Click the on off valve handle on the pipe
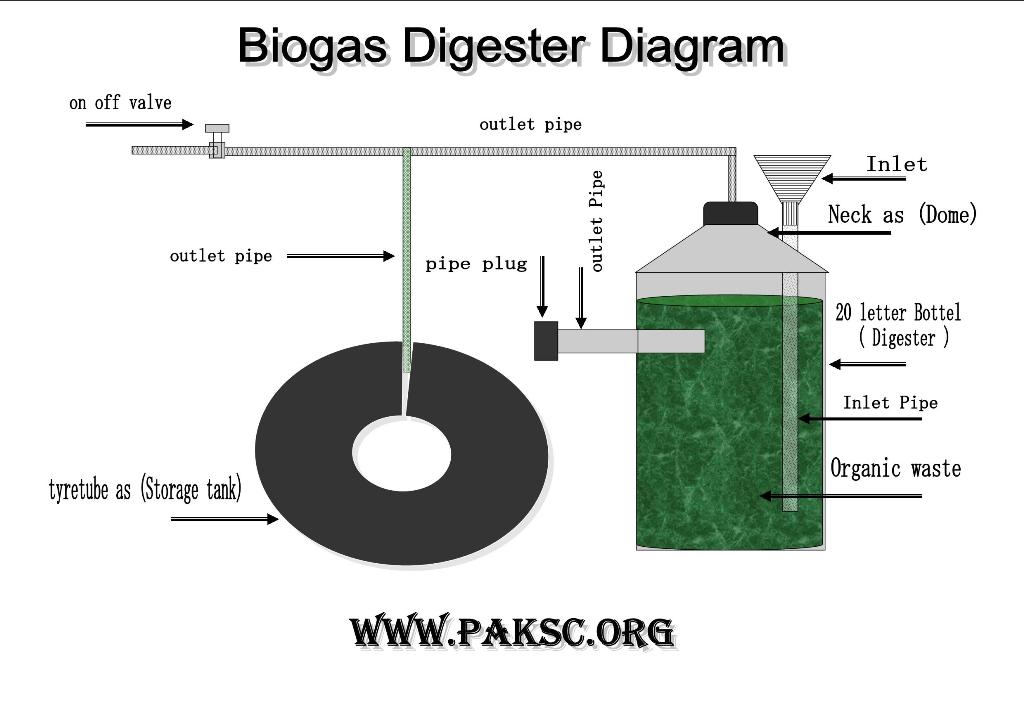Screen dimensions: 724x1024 [217, 129]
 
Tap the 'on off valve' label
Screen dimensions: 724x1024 [120, 102]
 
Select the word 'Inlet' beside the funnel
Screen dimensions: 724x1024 [896, 164]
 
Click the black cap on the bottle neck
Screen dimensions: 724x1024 [731, 213]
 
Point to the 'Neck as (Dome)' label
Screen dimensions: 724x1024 [902, 214]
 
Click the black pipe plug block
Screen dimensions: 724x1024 [546, 341]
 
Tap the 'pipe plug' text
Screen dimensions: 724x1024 [476, 264]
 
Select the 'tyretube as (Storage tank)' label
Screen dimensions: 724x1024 [145, 490]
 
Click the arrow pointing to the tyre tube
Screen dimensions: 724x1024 [224, 519]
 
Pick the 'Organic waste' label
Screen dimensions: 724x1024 [895, 468]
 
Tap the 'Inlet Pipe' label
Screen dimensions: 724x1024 [890, 403]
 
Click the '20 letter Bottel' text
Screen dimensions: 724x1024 [898, 313]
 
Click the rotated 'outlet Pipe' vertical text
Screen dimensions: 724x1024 [598, 221]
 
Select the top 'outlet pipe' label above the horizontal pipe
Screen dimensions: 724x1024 [530, 125]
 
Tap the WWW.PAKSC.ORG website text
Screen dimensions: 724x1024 [511, 632]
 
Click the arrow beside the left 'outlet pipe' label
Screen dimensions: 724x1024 [340, 256]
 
